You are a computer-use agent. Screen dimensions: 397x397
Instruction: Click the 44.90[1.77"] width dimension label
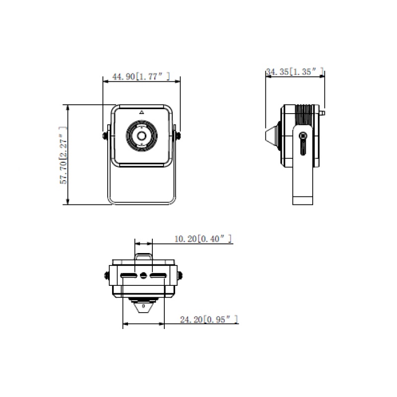[x=141, y=76]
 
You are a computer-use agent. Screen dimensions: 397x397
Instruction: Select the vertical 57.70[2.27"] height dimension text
[x=64, y=155]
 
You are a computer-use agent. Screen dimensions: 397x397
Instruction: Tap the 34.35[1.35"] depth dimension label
[x=295, y=72]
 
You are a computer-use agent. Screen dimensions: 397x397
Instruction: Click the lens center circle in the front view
[x=141, y=135]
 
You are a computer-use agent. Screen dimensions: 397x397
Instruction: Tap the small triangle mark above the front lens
[x=141, y=113]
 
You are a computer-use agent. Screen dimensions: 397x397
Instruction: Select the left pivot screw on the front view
[x=105, y=135]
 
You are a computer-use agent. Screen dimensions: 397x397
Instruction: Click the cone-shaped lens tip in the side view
[x=271, y=134]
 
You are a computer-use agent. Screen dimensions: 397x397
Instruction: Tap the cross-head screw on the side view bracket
[x=303, y=135]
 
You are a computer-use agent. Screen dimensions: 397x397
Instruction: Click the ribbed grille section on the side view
[x=306, y=115]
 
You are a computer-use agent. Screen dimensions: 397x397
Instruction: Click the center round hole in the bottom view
[x=144, y=275]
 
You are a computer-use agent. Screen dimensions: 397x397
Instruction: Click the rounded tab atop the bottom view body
[x=143, y=257]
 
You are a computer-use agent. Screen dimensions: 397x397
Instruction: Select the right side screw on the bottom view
[x=180, y=276]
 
